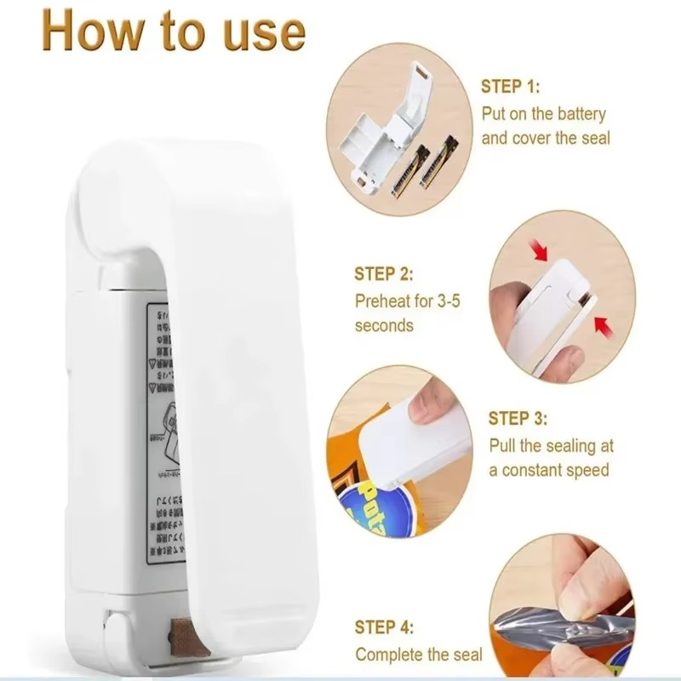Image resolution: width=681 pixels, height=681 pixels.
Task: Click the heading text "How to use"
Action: [173, 31]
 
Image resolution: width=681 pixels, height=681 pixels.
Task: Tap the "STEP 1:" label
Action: [511, 87]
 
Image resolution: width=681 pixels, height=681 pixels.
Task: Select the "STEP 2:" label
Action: [384, 274]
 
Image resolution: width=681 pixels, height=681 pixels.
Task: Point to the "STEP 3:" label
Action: [517, 418]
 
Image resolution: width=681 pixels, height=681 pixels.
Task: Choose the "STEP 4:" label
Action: [385, 627]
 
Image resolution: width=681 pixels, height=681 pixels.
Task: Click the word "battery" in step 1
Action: [579, 112]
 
